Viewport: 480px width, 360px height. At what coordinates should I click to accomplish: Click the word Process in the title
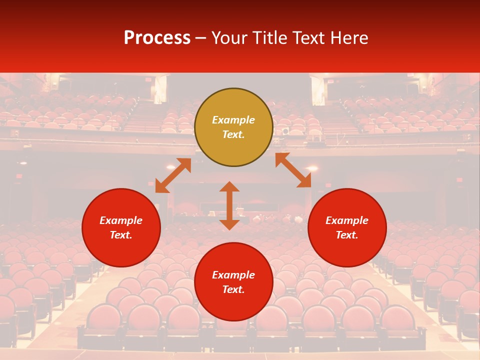157,38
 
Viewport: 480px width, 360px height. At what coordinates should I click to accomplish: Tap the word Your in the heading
231,38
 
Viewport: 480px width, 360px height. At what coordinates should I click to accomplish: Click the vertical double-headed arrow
229,205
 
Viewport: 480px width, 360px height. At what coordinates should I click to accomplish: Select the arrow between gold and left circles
173,175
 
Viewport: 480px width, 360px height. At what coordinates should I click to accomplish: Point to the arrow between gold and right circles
293,170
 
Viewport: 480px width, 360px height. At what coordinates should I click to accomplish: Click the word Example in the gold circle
233,120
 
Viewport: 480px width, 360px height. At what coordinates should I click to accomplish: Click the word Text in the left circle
121,235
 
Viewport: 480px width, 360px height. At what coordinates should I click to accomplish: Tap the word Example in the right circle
347,220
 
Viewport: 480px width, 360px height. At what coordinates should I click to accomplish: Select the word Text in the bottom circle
233,289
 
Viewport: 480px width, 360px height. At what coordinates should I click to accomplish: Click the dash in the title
201,38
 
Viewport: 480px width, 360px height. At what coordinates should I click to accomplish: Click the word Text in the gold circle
233,134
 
